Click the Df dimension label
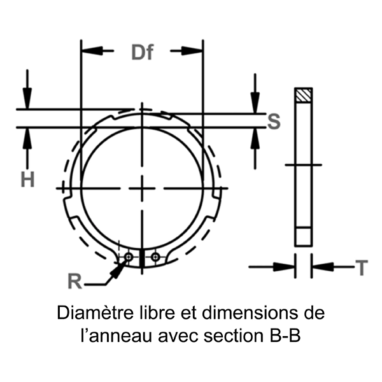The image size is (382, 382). point(142,52)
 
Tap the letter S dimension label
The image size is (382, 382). point(274,120)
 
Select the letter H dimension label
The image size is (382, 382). point(27,180)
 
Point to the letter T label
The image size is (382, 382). point(361,268)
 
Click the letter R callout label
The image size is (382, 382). point(75,281)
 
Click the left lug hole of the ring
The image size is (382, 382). point(129,257)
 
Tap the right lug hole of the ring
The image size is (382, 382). point(155,257)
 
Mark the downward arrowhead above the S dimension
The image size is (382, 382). point(255,102)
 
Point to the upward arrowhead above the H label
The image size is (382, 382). point(26,138)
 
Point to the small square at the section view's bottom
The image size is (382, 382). point(304,237)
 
